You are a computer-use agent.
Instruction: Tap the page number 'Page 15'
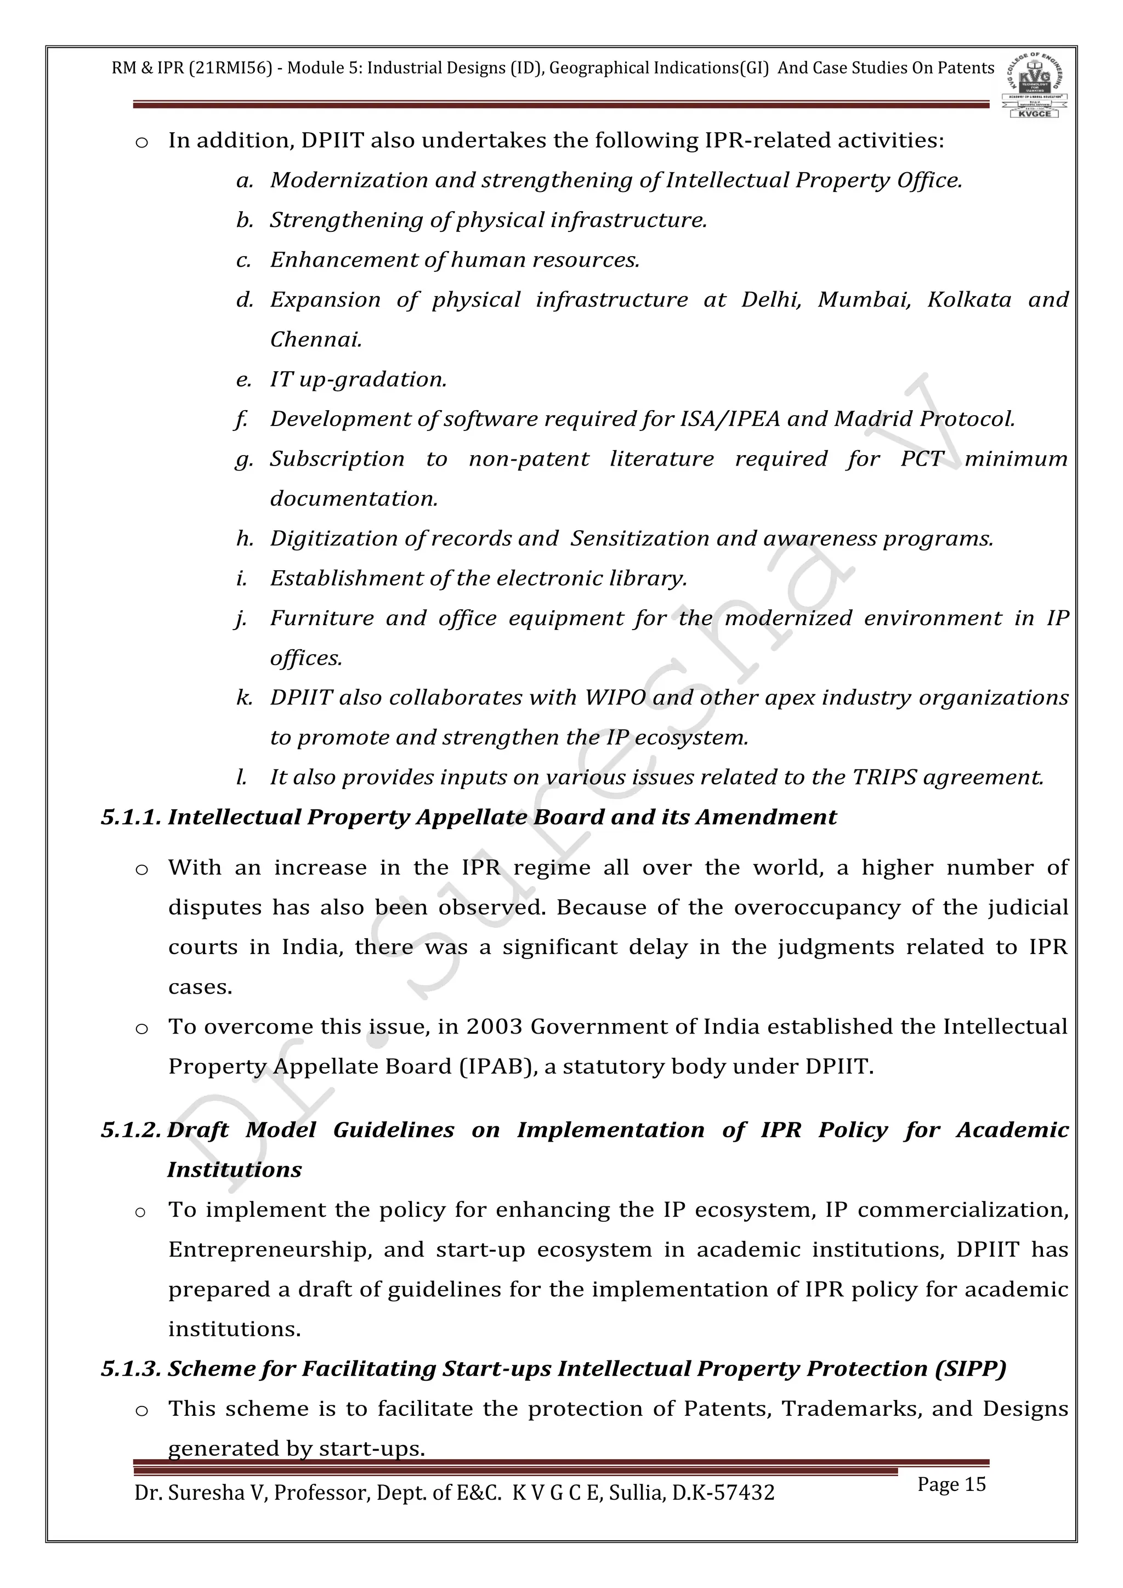pos(951,1484)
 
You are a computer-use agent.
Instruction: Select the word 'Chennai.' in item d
pos(316,339)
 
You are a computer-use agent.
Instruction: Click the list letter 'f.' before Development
pos(241,419)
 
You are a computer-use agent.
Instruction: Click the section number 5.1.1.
pos(132,818)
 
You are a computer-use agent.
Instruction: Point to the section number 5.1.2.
pos(132,1130)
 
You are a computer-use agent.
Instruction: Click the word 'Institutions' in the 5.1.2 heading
pos(235,1170)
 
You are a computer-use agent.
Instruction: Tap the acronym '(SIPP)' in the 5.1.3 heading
pos(969,1369)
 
